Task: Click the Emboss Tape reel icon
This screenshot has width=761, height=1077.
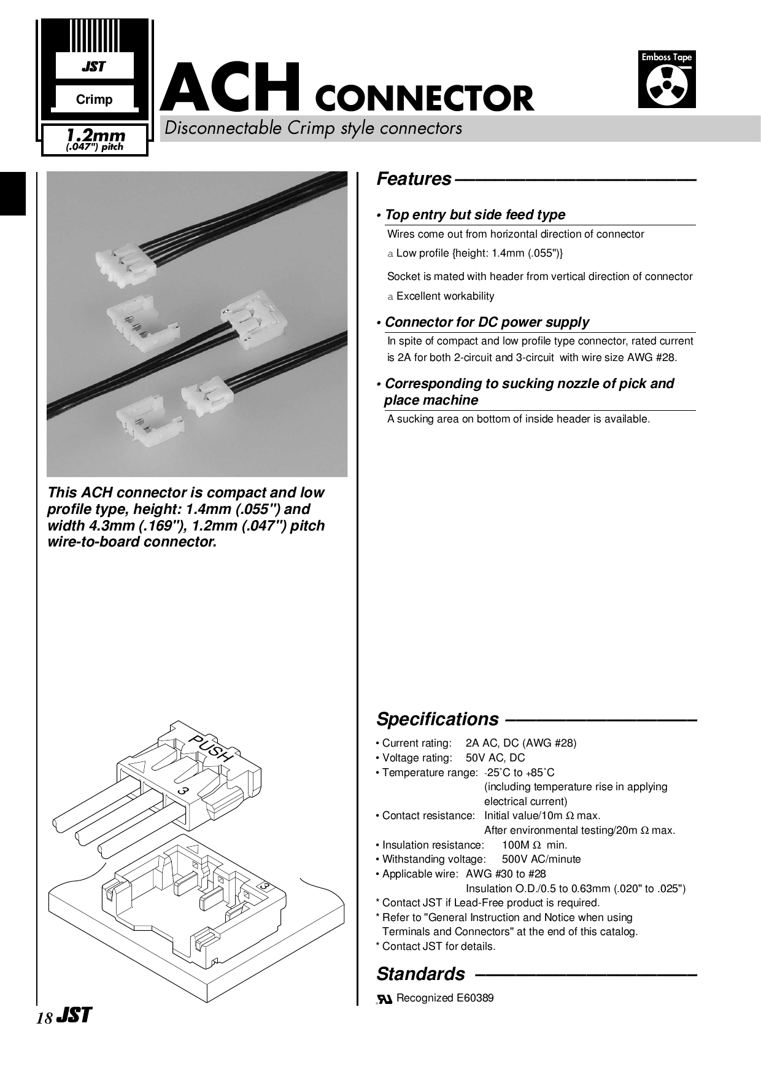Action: click(666, 87)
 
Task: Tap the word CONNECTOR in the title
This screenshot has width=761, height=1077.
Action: click(423, 98)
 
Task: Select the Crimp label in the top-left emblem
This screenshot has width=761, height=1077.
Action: click(94, 99)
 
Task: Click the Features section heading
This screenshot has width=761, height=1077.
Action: click(414, 179)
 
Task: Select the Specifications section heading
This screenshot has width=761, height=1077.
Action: click(438, 719)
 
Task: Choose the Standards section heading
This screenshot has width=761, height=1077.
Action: click(420, 974)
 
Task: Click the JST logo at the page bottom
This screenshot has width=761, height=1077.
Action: click(74, 1016)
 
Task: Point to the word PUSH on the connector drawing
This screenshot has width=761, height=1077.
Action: click(212, 749)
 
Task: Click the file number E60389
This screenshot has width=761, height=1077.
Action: click(474, 998)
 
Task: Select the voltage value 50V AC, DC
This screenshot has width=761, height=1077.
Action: click(495, 758)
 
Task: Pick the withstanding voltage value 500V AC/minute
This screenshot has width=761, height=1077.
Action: click(541, 859)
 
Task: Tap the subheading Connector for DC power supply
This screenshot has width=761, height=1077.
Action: click(486, 322)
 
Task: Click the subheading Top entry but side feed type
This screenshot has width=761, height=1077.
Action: click(474, 215)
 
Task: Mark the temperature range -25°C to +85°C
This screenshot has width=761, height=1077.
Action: click(519, 772)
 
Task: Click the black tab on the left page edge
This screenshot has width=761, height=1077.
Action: click(13, 193)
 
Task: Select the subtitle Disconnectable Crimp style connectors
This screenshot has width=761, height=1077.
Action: click(312, 128)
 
